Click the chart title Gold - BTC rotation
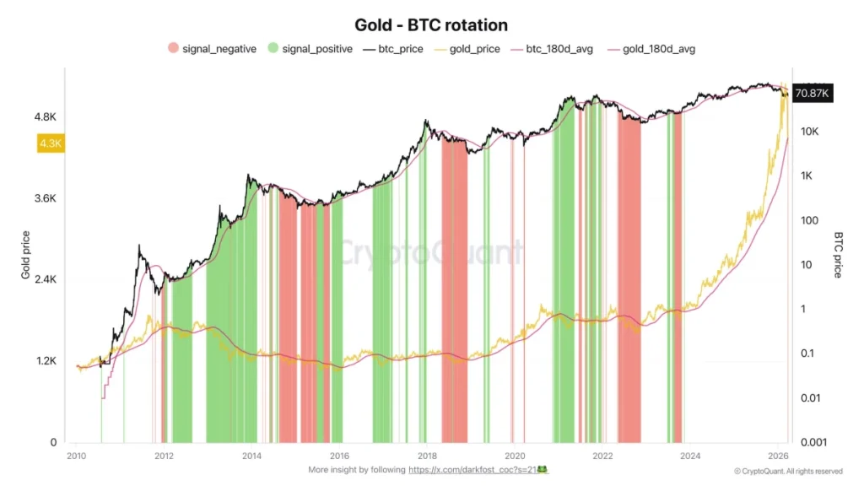pyautogui.click(x=431, y=25)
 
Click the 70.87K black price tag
pyautogui.click(x=813, y=94)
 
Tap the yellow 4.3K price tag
pyautogui.click(x=51, y=143)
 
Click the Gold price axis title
pyautogui.click(x=26, y=255)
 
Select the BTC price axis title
pyautogui.click(x=838, y=255)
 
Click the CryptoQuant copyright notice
pyautogui.click(x=788, y=471)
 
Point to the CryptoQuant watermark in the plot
pyautogui.click(x=431, y=251)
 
